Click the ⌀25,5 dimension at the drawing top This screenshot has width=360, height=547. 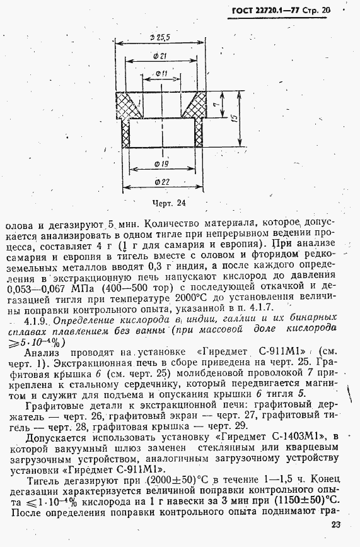click(161, 38)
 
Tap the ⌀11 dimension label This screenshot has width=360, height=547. click(160, 74)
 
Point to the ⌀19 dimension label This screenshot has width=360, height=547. click(161, 165)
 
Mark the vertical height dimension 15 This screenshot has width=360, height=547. click(235, 121)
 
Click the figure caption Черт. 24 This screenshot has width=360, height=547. click(169, 203)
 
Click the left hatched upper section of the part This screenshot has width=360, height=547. click(129, 102)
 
